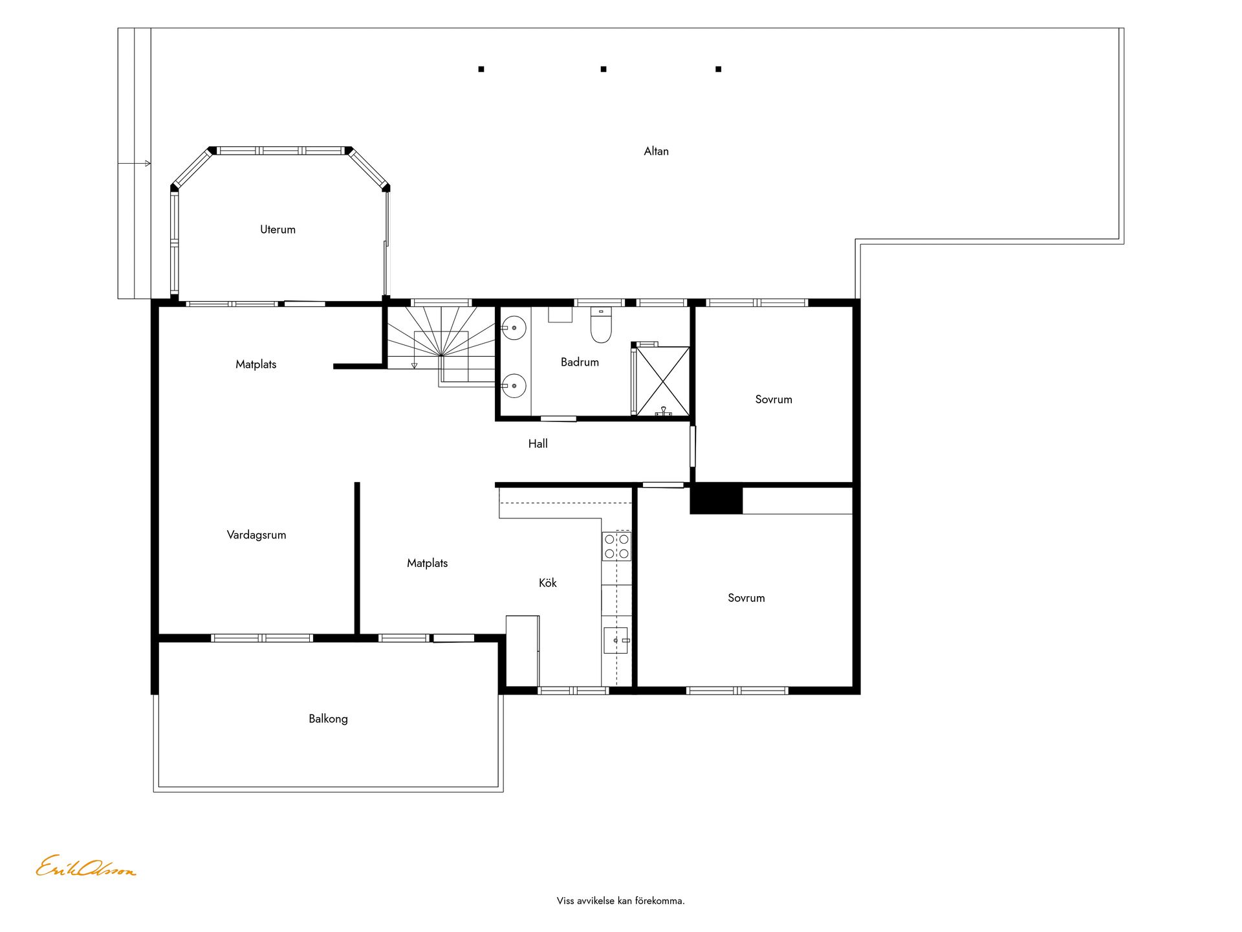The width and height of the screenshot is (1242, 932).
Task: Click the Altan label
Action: click(656, 151)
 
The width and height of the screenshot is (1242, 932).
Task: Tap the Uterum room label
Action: click(278, 230)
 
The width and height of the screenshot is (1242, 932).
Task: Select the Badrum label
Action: click(580, 362)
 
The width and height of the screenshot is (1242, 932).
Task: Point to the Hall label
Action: click(538, 444)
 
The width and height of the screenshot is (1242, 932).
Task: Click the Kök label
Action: click(547, 583)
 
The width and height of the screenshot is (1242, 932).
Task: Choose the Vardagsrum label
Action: click(256, 535)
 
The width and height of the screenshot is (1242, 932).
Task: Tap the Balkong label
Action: click(328, 719)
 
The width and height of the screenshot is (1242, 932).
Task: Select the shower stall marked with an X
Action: click(662, 381)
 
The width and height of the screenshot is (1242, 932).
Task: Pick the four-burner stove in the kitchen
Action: click(616, 546)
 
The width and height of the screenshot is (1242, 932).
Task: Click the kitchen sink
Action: click(616, 640)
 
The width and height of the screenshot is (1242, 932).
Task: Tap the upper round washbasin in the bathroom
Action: click(514, 328)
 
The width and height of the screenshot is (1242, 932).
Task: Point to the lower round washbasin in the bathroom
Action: click(514, 386)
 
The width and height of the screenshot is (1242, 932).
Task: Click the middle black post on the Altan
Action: click(604, 69)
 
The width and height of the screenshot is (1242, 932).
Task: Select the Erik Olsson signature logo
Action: click(85, 867)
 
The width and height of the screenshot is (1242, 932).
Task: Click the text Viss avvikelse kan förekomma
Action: click(620, 901)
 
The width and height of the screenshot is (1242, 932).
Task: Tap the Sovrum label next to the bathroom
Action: click(774, 400)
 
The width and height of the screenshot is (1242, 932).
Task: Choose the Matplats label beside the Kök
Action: click(427, 564)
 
